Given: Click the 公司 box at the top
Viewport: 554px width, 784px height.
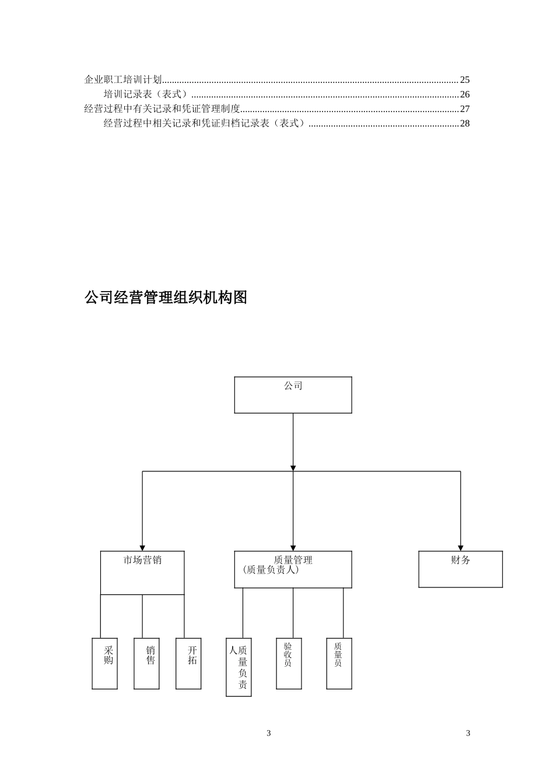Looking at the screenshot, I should pos(293,395).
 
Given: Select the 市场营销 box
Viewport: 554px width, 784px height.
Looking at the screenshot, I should pos(142,572).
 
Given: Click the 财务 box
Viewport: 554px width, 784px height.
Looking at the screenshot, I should pos(460,569).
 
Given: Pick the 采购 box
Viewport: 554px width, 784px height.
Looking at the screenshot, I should pos(105,663).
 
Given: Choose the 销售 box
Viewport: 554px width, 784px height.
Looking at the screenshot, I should pos(146,663).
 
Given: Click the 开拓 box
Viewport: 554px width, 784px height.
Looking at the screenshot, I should pos(188,663).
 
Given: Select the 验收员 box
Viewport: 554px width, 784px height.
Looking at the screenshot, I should pos(289,663).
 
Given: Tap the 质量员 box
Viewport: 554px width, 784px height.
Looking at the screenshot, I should pos(339,663).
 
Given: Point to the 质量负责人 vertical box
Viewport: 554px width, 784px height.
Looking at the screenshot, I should pos(239,667).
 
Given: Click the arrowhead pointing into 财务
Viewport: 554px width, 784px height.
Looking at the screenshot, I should pos(460,548).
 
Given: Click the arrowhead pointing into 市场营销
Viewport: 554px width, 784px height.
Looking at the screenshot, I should pos(142,548).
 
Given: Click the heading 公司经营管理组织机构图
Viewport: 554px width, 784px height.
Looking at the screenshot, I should pos(166,297).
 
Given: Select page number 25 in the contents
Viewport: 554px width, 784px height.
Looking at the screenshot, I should pos(465,80).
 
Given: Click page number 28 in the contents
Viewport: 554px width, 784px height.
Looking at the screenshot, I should pos(465,123).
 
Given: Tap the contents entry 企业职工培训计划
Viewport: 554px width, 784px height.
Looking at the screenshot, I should pos(123,80).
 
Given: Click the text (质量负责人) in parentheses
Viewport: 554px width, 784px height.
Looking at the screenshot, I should pos(271,570).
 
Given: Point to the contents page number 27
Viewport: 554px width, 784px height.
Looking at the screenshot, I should pos(465,108).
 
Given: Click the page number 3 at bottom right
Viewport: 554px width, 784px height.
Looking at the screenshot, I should pos(468,733).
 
